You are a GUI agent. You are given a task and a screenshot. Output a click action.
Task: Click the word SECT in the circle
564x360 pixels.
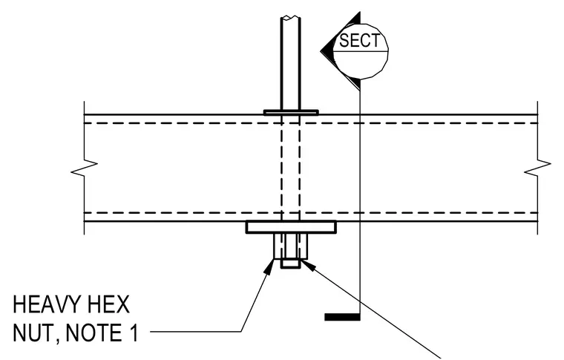pos(359,40)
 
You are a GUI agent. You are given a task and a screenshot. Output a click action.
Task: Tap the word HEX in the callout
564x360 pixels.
pos(111,305)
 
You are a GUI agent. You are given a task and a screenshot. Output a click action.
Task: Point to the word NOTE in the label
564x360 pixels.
pos(94,333)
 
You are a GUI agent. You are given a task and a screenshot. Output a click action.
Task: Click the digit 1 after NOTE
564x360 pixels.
pos(134,333)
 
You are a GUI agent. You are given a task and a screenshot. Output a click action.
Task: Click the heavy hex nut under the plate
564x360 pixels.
pos(291,246)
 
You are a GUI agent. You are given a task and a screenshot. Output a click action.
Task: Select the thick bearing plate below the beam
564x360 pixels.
pos(291,227)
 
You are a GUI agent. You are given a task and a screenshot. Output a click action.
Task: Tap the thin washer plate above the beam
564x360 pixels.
pos(291,113)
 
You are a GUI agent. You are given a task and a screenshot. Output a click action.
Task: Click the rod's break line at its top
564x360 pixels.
pos(291,17)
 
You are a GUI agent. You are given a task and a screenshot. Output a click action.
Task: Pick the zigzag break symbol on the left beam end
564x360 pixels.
pos(84,168)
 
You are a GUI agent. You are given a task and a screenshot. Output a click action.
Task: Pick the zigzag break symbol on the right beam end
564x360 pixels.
pos(537,168)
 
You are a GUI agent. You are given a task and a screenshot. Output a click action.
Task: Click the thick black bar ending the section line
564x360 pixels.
pos(342,317)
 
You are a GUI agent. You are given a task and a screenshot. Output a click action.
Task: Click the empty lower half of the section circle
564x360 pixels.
pos(361,64)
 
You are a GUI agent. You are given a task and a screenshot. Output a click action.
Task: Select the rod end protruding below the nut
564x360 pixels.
pos(291,264)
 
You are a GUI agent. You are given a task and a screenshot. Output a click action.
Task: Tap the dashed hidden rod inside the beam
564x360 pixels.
pos(291,168)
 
